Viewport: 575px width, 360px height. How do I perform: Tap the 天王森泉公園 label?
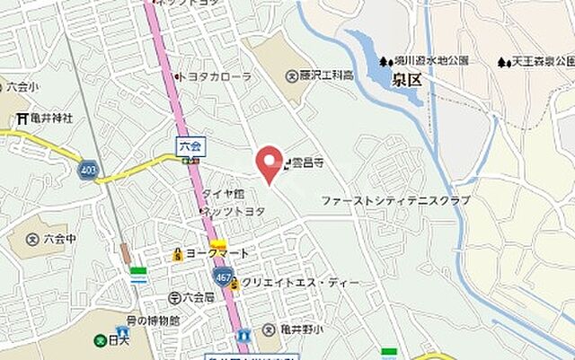[541, 62]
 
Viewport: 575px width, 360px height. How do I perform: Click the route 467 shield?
[224, 277]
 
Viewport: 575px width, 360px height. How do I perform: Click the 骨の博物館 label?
[154, 320]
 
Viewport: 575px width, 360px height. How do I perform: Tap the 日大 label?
[117, 341]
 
